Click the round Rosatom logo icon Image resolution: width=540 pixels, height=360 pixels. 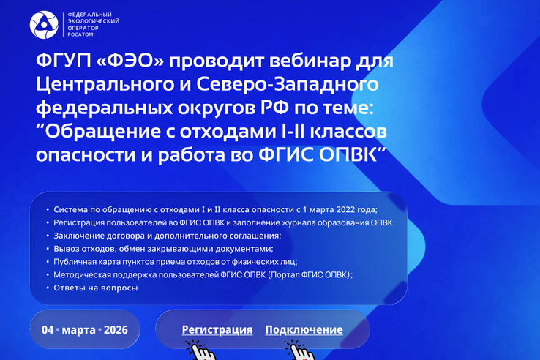[x=43, y=25]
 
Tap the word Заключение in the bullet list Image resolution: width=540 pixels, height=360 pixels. [x=80, y=236]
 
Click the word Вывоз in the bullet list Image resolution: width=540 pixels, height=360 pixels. [x=66, y=249]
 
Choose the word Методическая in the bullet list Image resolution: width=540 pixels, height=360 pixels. [x=84, y=275]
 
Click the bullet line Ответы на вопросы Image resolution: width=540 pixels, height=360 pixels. [x=96, y=288]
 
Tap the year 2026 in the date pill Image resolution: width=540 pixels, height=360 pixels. [x=116, y=330]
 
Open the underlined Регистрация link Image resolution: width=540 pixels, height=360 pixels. [x=217, y=330]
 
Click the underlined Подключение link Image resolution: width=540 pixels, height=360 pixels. [x=304, y=330]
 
